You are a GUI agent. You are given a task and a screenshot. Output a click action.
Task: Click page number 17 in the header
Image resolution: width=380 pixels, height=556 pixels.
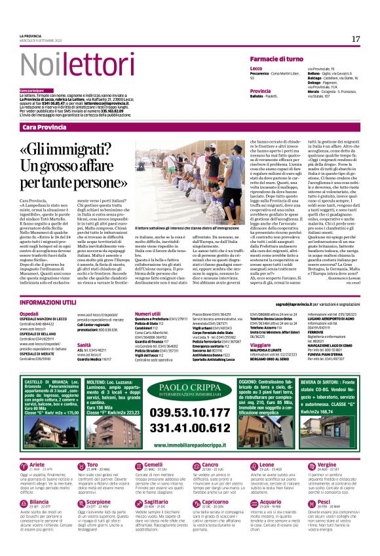pos(356,39)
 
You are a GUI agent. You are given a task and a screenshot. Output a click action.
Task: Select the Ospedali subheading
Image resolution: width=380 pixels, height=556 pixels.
pos(29,314)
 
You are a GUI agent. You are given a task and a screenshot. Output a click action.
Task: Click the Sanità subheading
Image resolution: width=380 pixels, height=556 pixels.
pos(84,344)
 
